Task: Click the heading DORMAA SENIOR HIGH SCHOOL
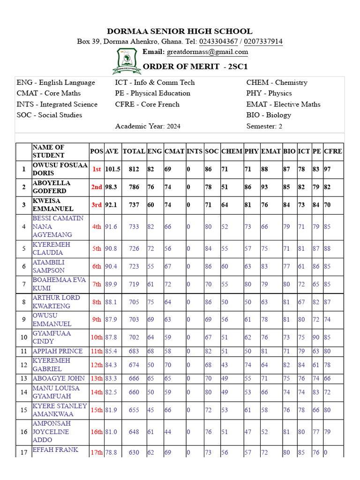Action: coord(180,31)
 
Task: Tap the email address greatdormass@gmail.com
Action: coord(208,52)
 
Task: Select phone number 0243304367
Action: coord(219,42)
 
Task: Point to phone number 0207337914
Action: coord(263,42)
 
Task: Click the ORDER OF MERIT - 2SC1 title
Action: coord(195,67)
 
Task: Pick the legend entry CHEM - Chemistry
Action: coord(277,82)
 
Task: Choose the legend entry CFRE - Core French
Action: coord(147,104)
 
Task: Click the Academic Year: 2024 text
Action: coord(148,126)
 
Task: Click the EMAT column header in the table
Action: coord(270,151)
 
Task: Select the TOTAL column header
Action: coord(134,151)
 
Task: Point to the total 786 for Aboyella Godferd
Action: coord(134,187)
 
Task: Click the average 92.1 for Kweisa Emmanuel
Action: coord(111,205)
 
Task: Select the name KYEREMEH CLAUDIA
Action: coord(51,248)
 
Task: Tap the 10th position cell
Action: coord(96,337)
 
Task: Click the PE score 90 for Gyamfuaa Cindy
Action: coord(316,337)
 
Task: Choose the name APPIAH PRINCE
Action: coord(57,351)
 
